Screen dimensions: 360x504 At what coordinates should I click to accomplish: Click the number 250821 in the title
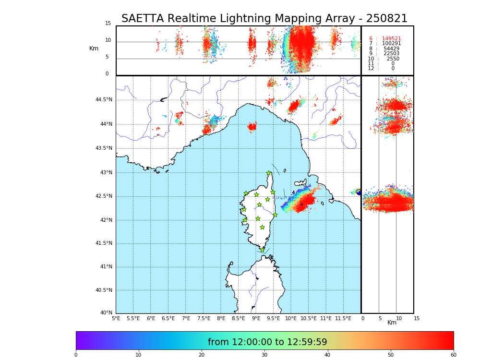(386, 19)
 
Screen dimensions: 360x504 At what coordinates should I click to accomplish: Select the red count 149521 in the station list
(391, 39)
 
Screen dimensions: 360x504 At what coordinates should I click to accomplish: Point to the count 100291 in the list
(391, 44)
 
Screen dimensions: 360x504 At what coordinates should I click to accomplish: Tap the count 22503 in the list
(391, 54)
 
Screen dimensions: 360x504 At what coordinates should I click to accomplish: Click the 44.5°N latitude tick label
(104, 100)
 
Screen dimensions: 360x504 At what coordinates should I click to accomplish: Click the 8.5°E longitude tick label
(238, 318)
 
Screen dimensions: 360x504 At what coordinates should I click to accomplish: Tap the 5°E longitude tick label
(116, 318)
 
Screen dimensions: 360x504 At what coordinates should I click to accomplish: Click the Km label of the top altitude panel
(94, 48)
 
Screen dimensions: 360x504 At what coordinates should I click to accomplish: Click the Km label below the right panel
(392, 323)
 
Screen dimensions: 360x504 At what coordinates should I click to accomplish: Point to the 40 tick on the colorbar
(328, 355)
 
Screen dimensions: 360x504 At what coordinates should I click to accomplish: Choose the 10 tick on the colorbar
(138, 355)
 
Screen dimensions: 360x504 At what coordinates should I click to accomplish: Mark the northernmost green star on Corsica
(269, 173)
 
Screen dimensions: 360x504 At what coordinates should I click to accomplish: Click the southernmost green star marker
(262, 250)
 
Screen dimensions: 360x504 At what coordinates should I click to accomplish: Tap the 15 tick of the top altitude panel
(108, 24)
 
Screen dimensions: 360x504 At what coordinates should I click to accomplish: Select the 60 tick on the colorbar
(453, 355)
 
